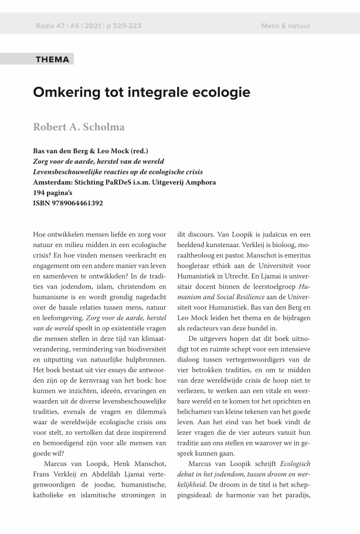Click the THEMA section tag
click(x=52, y=59)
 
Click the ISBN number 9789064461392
click(x=77, y=203)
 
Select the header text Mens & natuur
click(x=286, y=26)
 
